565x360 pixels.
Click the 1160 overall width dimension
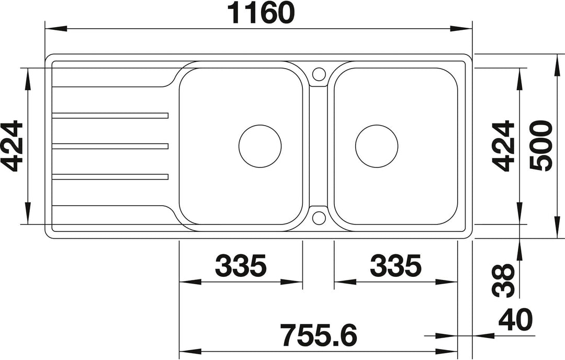tap(262, 13)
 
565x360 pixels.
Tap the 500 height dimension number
tap(541, 145)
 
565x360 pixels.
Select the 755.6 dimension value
tap(319, 335)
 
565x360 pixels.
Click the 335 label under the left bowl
tap(240, 266)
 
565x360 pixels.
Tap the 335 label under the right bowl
tap(395, 266)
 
